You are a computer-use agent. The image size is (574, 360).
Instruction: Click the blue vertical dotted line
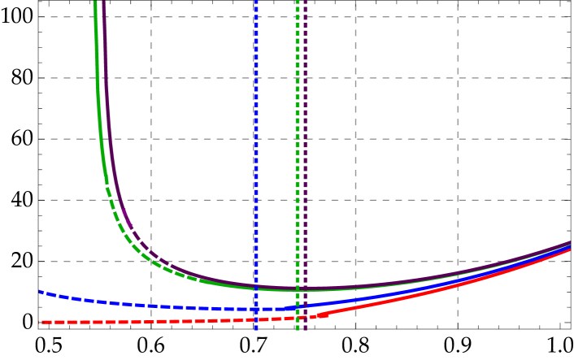pyautogui.click(x=255, y=163)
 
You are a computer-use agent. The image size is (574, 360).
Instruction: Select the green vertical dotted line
pyautogui.click(x=298, y=163)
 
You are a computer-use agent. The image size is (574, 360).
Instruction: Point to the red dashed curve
pyautogui.click(x=163, y=322)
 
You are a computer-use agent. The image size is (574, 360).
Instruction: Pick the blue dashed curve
pyautogui.click(x=163, y=306)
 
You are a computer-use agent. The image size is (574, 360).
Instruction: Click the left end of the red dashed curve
pyautogui.click(x=39, y=323)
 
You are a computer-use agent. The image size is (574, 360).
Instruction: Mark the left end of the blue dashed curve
pyautogui.click(x=39, y=292)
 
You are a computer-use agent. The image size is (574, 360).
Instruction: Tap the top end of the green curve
pyautogui.click(x=95, y=2)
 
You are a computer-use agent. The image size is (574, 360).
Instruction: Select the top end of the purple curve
pyautogui.click(x=103, y=2)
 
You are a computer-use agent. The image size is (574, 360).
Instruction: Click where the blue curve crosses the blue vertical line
pyautogui.click(x=255, y=310)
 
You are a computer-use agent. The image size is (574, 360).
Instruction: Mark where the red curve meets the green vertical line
pyautogui.click(x=298, y=318)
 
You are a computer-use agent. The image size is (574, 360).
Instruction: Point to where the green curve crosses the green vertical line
pyautogui.click(x=298, y=289)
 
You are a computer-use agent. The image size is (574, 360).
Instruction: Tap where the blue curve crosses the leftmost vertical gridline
pyautogui.click(x=151, y=306)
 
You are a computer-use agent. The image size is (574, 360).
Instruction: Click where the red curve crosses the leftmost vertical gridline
pyautogui.click(x=151, y=322)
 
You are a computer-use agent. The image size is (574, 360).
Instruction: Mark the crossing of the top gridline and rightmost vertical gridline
pyautogui.click(x=457, y=17)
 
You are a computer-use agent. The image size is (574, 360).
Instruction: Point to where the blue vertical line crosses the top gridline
pyautogui.click(x=255, y=17)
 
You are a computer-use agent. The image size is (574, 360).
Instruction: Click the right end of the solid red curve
pyautogui.click(x=570, y=249)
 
